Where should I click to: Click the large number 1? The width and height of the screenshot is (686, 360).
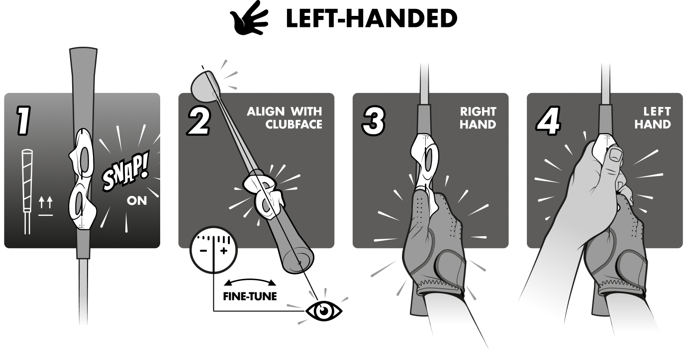click(22, 121)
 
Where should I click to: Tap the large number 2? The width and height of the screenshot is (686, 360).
click(198, 121)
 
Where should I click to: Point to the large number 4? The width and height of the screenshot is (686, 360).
click(548, 121)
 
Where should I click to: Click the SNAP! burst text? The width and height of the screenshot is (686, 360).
click(125, 176)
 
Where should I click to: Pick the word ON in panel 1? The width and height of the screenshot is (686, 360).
click(137, 201)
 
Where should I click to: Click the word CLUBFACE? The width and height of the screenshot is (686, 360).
click(294, 124)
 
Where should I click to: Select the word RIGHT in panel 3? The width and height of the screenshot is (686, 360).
click(478, 111)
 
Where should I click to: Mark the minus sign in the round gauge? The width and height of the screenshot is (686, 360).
click(203, 251)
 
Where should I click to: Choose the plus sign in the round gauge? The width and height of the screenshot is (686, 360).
click(223, 251)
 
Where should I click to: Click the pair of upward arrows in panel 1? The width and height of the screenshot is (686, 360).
click(46, 202)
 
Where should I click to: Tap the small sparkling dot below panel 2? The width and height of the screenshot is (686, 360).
click(322, 309)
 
